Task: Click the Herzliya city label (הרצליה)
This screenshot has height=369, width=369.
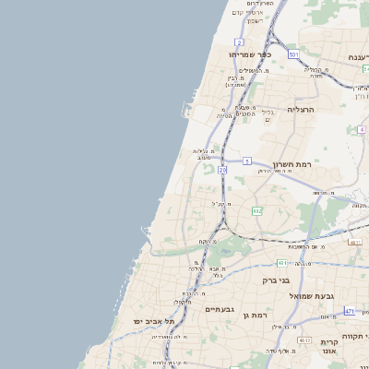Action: click(301, 109)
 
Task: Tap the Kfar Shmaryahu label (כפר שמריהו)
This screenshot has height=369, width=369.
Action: click(248, 54)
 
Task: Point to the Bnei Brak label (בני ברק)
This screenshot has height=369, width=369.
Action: click(276, 280)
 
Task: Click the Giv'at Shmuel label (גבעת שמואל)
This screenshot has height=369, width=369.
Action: click(309, 295)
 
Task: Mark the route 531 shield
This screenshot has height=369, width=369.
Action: click(292, 55)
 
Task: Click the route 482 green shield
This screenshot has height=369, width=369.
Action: click(257, 211)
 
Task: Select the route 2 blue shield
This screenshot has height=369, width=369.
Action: click(239, 42)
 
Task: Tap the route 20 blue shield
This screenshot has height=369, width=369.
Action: click(222, 170)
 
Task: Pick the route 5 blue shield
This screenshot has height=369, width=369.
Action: click(247, 161)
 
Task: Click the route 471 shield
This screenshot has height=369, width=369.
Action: click(349, 312)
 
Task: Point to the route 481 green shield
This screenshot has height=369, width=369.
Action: click(280, 263)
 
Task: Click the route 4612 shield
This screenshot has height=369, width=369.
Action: click(304, 340)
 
